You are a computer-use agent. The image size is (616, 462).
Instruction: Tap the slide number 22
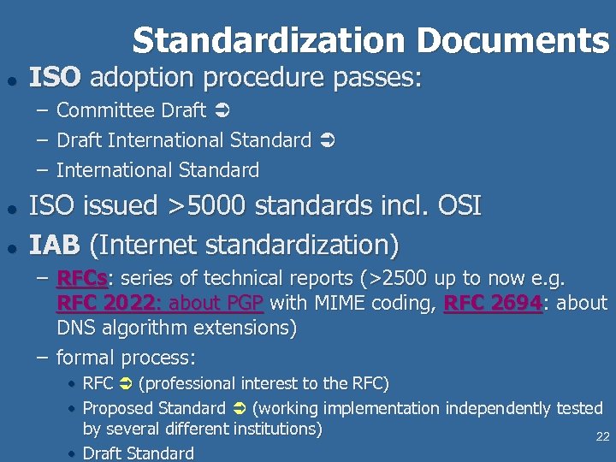tap(602, 436)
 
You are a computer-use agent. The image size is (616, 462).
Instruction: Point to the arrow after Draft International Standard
tap(326, 140)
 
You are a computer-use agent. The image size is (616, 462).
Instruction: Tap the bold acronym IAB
tap(55, 245)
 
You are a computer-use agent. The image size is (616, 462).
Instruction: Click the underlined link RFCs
tap(82, 279)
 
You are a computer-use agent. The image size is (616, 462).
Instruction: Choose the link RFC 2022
tap(105, 303)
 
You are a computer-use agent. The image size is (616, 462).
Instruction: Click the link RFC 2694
tap(493, 303)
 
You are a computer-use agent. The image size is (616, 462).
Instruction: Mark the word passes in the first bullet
tap(376, 79)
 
